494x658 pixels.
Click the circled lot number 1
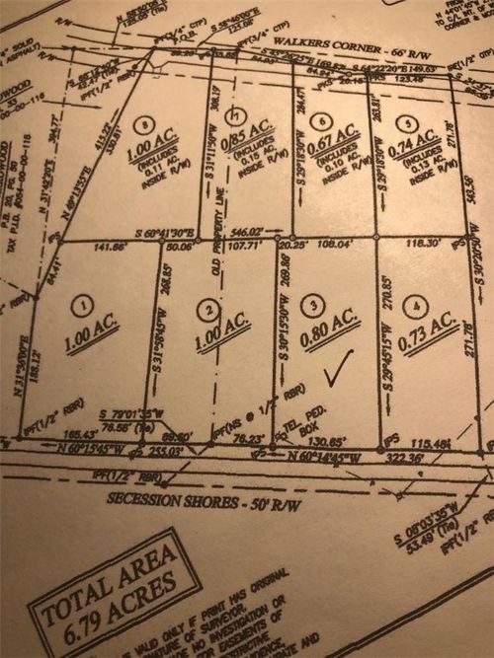pos(86,305)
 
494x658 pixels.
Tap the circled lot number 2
pos(206,309)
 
